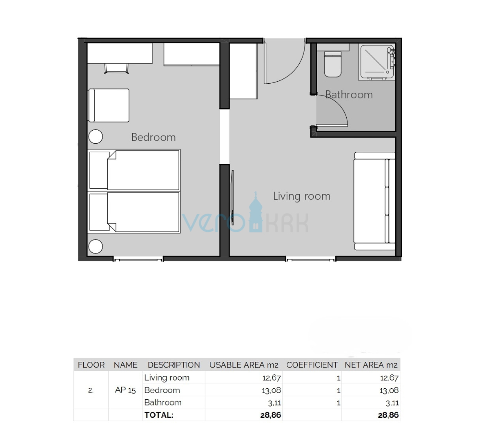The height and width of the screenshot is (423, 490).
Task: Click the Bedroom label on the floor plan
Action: (154, 137)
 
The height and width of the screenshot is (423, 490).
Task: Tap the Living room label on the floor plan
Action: (302, 196)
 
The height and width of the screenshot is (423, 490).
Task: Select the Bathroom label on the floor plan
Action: (349, 95)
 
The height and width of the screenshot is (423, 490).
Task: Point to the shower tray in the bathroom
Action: (376, 62)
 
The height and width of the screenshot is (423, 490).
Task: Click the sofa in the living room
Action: (374, 201)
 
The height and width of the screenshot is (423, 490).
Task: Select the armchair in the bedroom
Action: (109, 105)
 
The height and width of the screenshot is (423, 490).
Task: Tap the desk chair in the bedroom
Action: (117, 69)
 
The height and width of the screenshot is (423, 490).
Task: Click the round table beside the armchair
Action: (96, 137)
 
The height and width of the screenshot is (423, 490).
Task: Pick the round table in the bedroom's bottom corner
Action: (96, 247)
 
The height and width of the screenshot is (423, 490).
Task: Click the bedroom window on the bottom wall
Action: (138, 259)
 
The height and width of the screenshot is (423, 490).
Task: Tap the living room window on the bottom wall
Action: (311, 259)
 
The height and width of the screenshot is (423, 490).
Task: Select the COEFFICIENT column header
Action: (312, 365)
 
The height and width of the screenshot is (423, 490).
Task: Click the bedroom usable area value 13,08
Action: (271, 390)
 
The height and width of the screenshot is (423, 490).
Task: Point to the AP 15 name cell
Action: (125, 390)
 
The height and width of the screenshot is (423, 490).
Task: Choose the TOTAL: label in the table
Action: (159, 415)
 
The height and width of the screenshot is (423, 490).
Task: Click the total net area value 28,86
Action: (388, 415)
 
